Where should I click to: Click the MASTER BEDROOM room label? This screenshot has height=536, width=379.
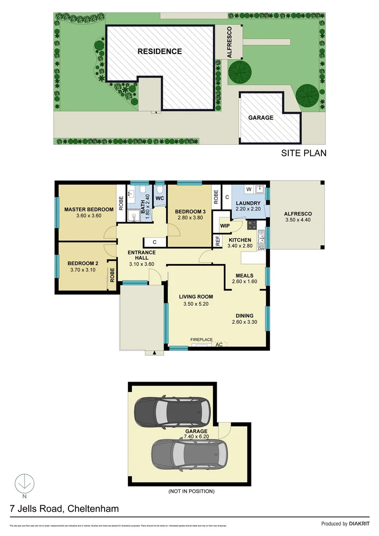click(89, 209)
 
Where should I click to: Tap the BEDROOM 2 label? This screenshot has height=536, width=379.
click(80, 263)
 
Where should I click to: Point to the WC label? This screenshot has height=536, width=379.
click(160, 199)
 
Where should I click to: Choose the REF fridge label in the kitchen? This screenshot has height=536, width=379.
click(218, 241)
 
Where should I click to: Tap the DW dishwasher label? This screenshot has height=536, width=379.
click(261, 248)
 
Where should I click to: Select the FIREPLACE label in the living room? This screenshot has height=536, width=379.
click(201, 339)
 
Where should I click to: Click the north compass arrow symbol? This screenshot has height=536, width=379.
click(24, 482)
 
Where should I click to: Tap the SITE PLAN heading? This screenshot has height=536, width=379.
click(304, 153)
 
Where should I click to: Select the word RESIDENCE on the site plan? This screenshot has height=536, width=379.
click(159, 51)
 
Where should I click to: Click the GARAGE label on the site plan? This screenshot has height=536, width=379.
click(260, 118)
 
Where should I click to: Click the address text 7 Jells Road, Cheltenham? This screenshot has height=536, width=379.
click(64, 509)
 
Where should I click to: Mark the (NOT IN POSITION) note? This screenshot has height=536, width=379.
click(191, 491)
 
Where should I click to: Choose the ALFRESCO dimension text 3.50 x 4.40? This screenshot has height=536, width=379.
click(298, 221)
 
